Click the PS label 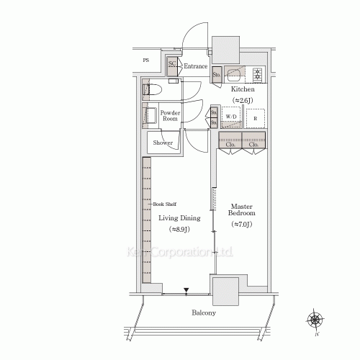pos(147,61)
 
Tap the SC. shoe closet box pos(172,66)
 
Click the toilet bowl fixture pos(152,91)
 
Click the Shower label pos(162,143)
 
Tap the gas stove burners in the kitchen pos(257,73)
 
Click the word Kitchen pos(243,89)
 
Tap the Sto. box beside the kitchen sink pos(216,73)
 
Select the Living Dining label pos(179,218)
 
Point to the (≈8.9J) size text pos(179,229)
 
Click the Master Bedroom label pos(242,210)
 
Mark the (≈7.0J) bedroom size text pos(242,225)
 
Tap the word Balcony pos(204,313)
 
